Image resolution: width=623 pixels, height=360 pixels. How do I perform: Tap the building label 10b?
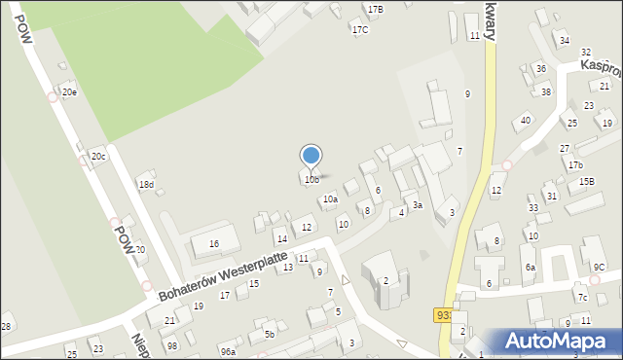click(x=311, y=179)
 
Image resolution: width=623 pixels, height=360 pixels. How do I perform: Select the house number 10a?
click(x=330, y=198)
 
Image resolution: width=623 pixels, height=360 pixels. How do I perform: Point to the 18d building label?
click(x=146, y=185)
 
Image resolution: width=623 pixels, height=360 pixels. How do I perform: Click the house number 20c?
click(x=98, y=156)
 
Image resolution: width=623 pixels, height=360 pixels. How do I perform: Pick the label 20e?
click(x=69, y=92)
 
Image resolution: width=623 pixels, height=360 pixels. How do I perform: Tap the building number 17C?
click(x=360, y=29)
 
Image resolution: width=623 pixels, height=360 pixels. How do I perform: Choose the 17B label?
click(x=375, y=9)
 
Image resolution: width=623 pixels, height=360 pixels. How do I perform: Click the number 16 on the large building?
click(x=214, y=243)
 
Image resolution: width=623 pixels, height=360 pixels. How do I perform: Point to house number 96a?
click(x=228, y=351)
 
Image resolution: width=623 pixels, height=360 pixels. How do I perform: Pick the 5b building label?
click(x=271, y=334)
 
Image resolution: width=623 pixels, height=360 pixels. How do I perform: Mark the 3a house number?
click(x=417, y=205)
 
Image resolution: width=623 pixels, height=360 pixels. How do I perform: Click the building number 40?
click(x=525, y=120)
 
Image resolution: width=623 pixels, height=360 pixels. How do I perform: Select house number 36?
click(x=540, y=69)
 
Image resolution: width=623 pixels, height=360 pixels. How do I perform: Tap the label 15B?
click(x=586, y=181)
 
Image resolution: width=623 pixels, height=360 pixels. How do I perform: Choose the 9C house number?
click(x=599, y=267)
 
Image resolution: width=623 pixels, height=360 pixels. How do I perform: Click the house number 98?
click(x=172, y=345)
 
